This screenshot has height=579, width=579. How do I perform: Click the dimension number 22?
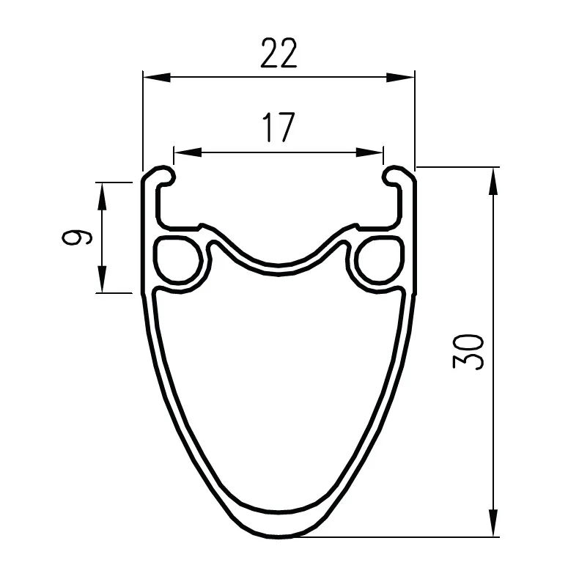tap(279, 53)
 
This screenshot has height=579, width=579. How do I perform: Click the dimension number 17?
tap(279, 127)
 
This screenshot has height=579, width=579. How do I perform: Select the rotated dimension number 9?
tap(76, 237)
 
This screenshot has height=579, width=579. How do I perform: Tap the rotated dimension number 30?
tap(468, 352)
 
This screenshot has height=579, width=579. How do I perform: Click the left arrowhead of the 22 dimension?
tap(157, 77)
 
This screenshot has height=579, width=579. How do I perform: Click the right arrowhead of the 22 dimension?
tap(400, 77)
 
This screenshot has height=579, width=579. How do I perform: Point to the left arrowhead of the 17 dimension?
tap(188, 152)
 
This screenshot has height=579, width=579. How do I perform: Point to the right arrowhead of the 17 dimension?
tap(369, 152)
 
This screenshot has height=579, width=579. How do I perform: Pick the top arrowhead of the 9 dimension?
tap(102, 196)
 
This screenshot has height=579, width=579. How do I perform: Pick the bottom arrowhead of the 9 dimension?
tap(102, 279)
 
